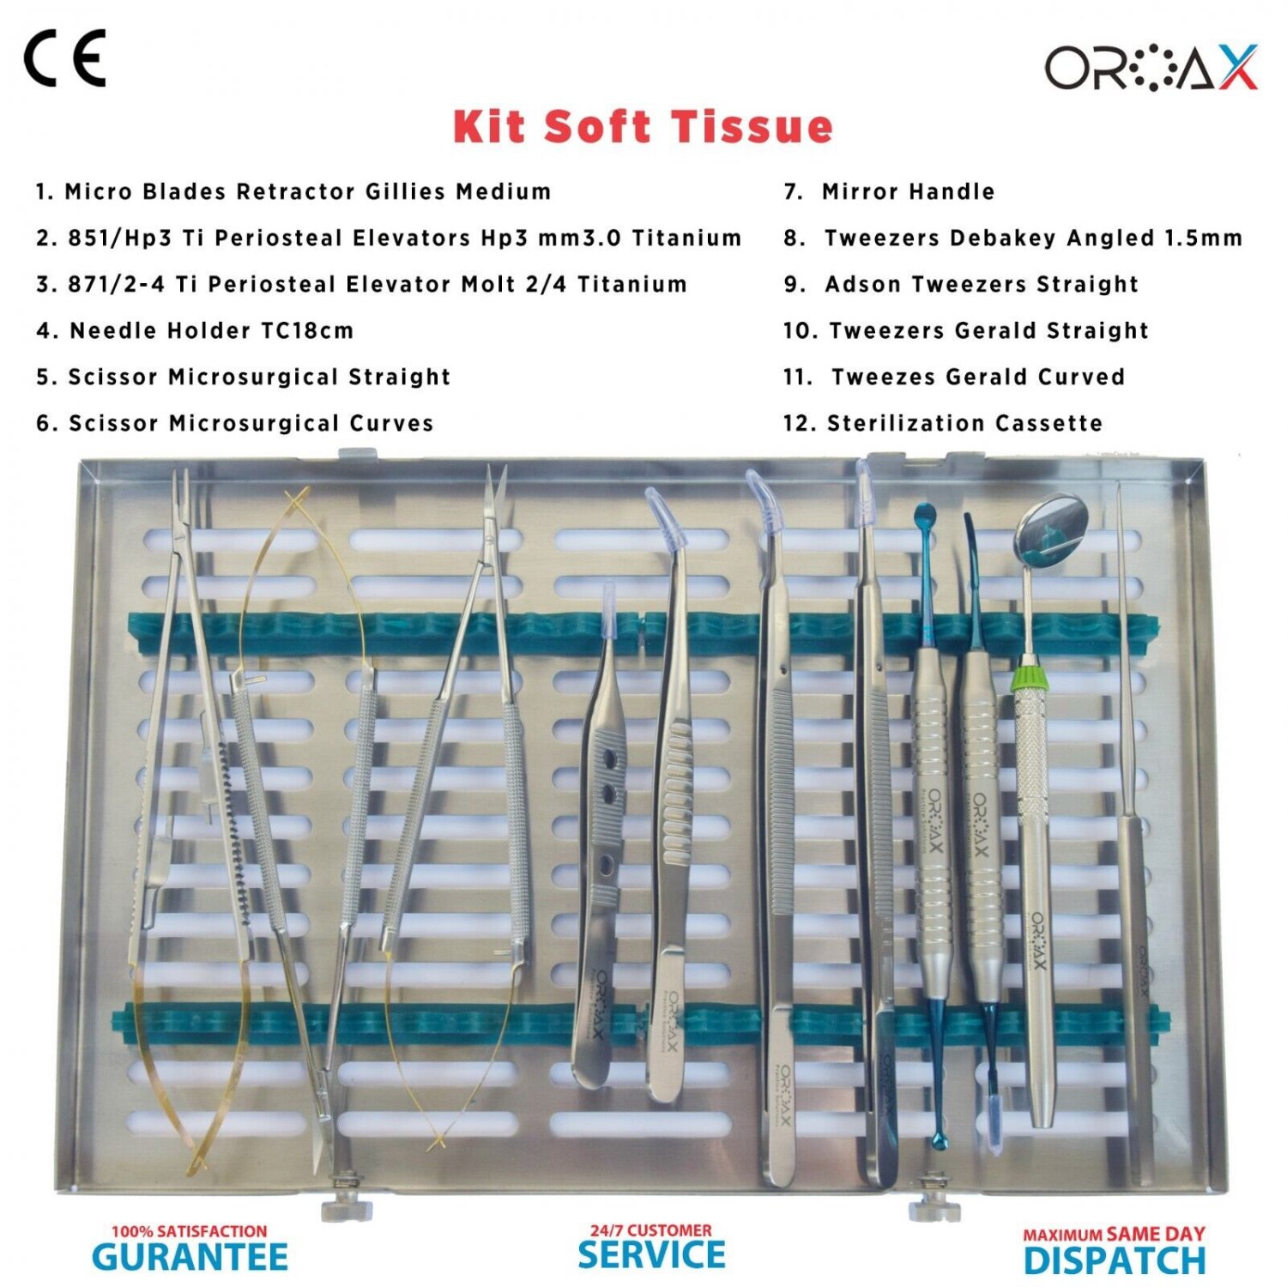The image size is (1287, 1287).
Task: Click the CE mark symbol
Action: [64, 58]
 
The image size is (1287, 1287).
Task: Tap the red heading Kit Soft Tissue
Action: [643, 127]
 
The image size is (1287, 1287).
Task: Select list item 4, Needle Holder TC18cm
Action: [195, 330]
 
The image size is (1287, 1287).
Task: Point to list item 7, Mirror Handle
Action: [889, 191]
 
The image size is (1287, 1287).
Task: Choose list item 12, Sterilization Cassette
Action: [942, 423]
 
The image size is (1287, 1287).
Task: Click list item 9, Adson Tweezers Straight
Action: [961, 284]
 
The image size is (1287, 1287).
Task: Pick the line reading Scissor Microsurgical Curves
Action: [234, 423]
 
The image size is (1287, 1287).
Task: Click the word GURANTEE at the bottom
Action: [190, 1258]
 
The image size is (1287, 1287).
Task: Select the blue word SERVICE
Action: [651, 1255]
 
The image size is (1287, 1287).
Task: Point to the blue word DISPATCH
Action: [1115, 1260]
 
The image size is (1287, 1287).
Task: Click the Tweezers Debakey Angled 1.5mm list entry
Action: [1012, 238]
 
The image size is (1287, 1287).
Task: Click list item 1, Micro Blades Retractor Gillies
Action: [293, 191]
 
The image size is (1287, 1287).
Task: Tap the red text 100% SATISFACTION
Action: [190, 1231]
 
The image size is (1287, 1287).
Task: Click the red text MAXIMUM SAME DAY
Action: [1114, 1234]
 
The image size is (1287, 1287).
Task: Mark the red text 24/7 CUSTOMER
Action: [650, 1230]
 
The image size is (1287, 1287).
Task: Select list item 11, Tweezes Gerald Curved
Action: [953, 377]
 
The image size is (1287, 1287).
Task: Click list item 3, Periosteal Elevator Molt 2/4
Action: [361, 284]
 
